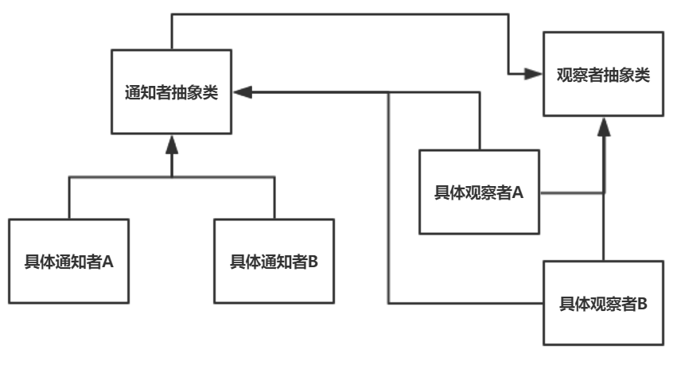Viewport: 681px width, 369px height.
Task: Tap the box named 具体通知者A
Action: (x=69, y=260)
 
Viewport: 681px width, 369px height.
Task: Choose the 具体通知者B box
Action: (x=274, y=260)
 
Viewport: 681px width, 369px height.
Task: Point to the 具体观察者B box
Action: (x=604, y=303)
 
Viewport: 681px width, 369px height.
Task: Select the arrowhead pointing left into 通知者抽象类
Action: (x=242, y=93)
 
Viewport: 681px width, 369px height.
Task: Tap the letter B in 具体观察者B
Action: (x=643, y=303)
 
